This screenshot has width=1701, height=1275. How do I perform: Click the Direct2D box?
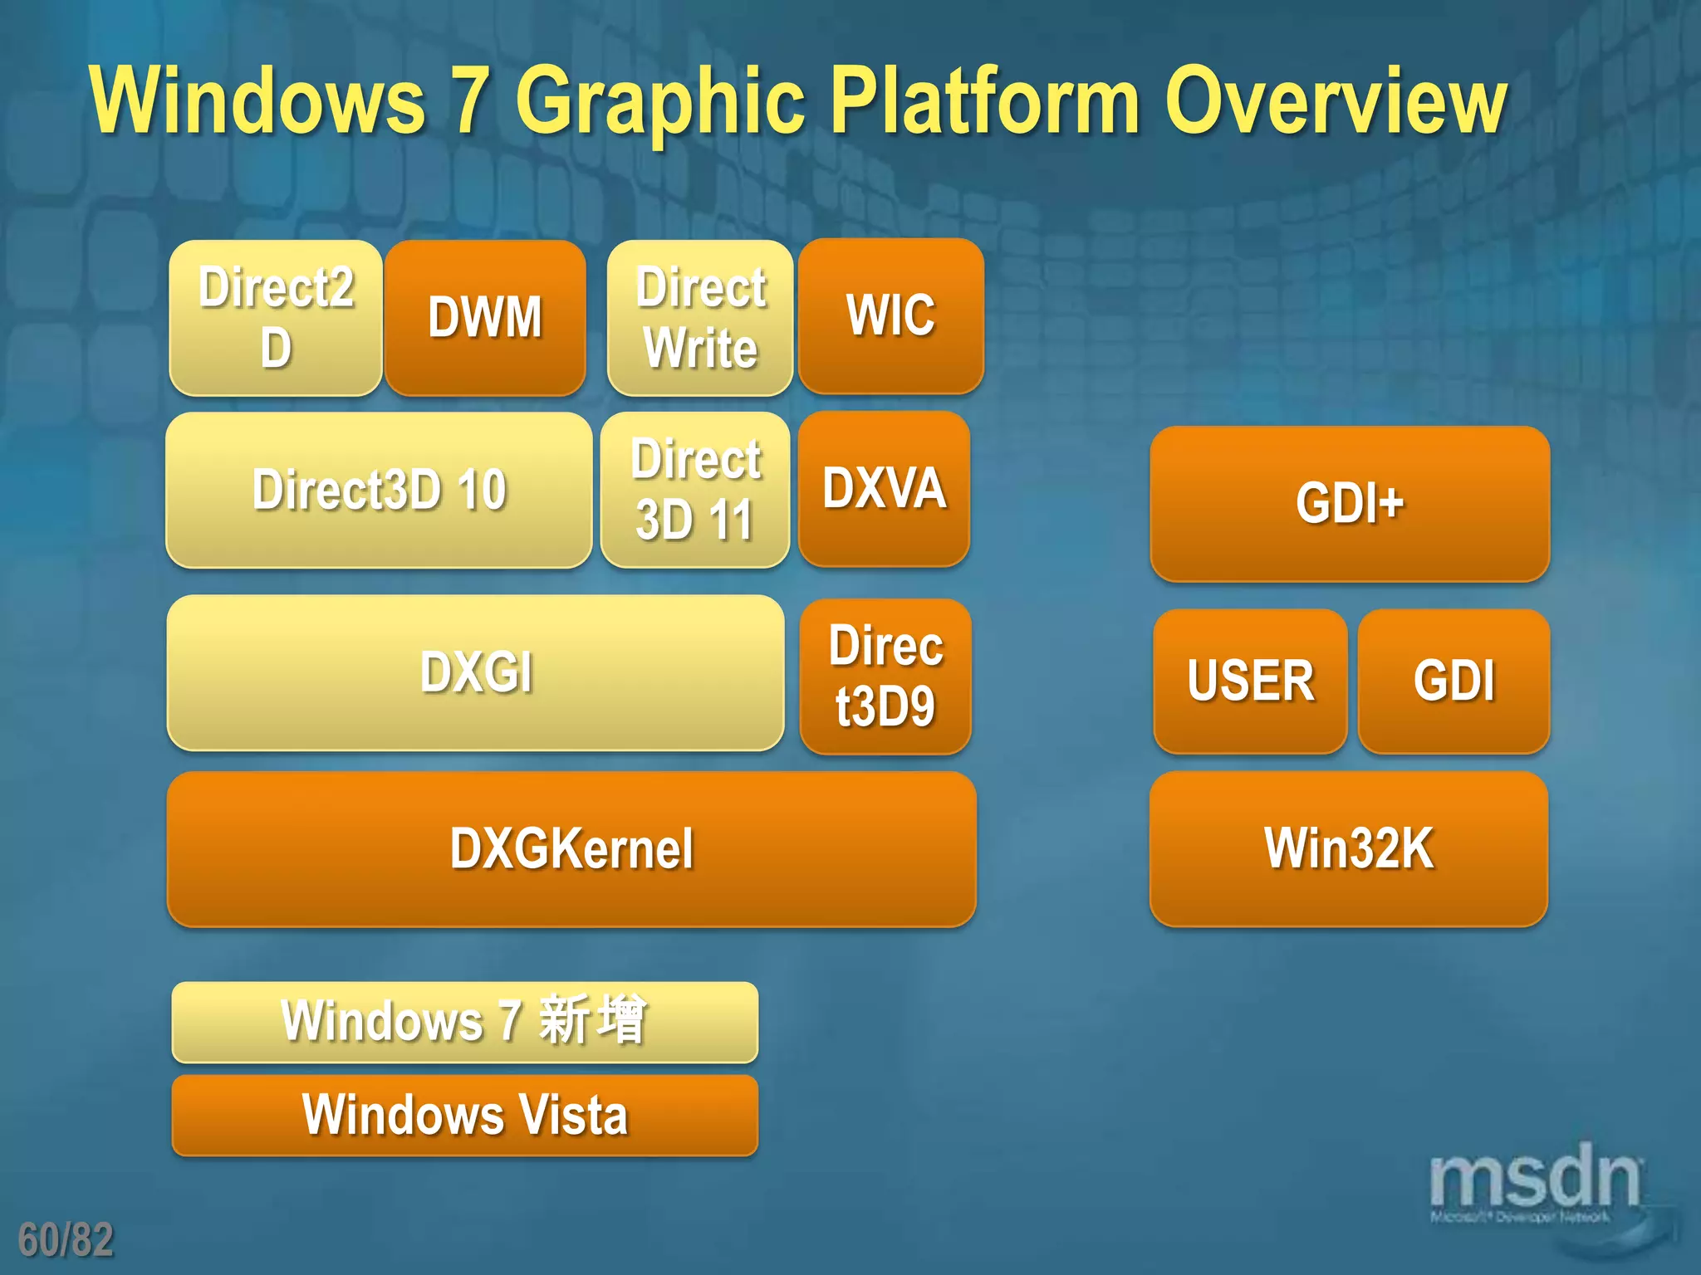276,318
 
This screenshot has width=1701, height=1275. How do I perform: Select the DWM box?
485,318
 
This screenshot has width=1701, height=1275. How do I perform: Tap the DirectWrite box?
700,318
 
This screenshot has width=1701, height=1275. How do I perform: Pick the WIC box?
891,316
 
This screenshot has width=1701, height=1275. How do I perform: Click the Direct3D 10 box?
379,490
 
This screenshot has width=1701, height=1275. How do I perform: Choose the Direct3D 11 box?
695,490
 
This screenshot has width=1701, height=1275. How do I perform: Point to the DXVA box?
884,488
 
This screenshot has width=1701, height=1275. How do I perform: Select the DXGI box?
475,673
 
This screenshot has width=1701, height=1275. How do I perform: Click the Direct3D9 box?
885,677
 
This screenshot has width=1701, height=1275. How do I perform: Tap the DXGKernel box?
571,849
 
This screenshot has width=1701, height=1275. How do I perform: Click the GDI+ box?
1350,504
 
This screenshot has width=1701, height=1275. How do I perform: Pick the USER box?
1250,681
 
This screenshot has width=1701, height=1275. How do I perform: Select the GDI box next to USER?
1453,681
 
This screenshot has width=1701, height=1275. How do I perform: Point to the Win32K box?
1349,849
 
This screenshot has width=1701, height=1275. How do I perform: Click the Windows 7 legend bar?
464,1022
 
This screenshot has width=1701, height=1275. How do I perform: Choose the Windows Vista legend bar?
464,1115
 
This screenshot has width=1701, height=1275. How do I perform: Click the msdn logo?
1535,1180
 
